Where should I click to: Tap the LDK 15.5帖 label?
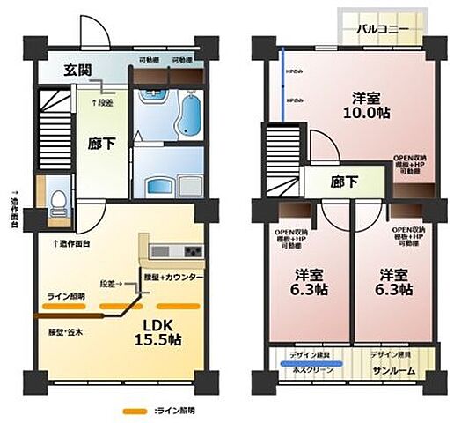[159, 330]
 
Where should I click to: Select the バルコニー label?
[381, 29]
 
